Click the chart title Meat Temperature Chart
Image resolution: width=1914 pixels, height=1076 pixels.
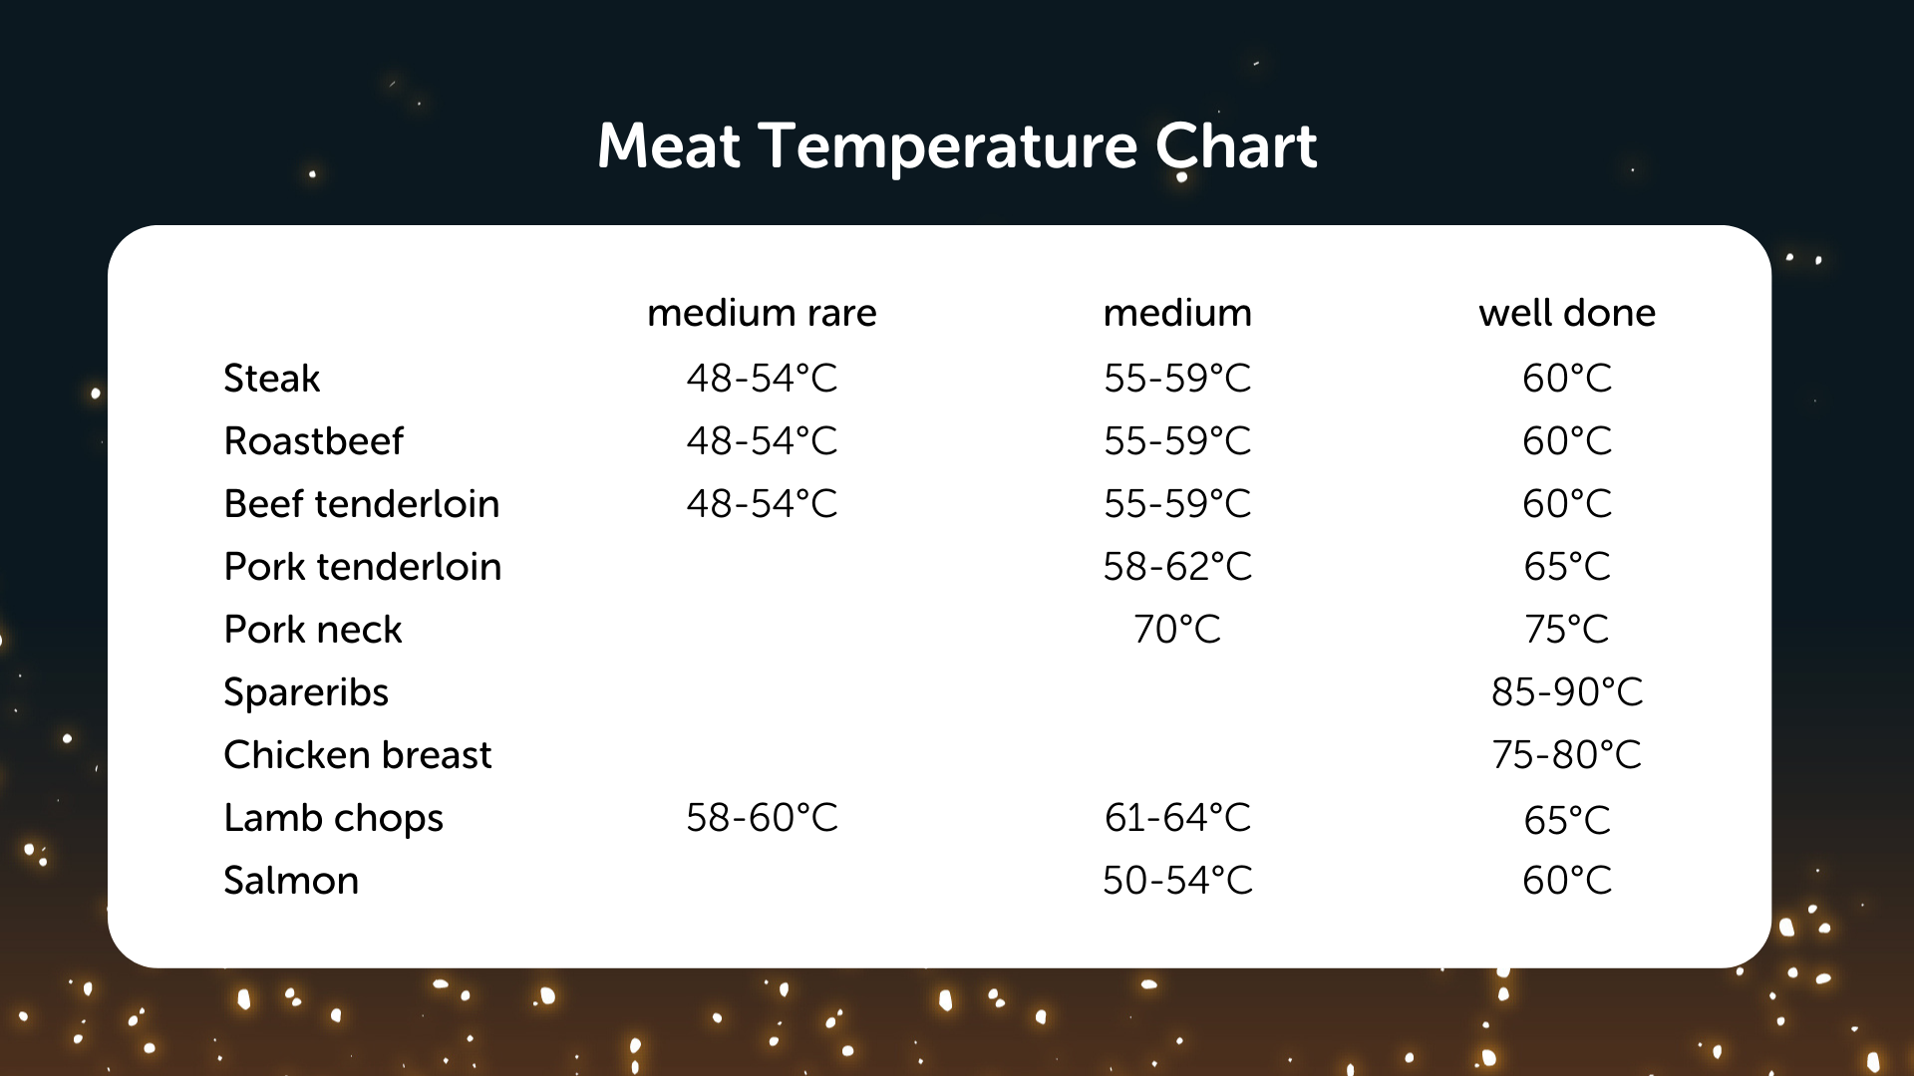point(957,146)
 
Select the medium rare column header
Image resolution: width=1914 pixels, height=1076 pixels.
point(762,313)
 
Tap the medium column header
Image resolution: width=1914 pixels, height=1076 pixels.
point(1177,313)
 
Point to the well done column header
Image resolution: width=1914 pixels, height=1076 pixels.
point(1567,313)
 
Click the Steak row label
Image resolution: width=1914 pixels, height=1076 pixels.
point(271,379)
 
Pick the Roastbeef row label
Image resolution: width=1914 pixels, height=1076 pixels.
point(313,441)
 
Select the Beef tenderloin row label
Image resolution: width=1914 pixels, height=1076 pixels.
point(361,504)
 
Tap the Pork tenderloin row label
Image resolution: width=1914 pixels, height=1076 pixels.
point(362,567)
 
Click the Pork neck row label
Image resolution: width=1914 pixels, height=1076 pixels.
point(312,630)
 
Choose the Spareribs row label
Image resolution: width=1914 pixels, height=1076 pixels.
point(305,693)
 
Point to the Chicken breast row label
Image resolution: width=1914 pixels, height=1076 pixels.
point(357,755)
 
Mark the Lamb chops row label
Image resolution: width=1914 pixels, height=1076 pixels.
point(333,819)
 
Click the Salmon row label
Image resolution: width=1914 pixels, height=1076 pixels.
point(290,881)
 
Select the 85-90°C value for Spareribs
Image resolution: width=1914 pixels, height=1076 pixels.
point(1567,692)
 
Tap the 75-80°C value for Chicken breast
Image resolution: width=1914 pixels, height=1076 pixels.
point(1567,755)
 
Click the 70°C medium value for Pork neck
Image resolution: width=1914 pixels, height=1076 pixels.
point(1177,630)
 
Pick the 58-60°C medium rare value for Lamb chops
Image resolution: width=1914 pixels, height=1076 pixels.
point(762,818)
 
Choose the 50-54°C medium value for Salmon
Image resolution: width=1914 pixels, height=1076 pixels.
point(1177,881)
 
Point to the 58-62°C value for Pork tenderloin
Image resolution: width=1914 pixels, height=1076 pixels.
point(1177,567)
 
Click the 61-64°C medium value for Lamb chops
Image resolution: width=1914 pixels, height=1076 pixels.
point(1177,818)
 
